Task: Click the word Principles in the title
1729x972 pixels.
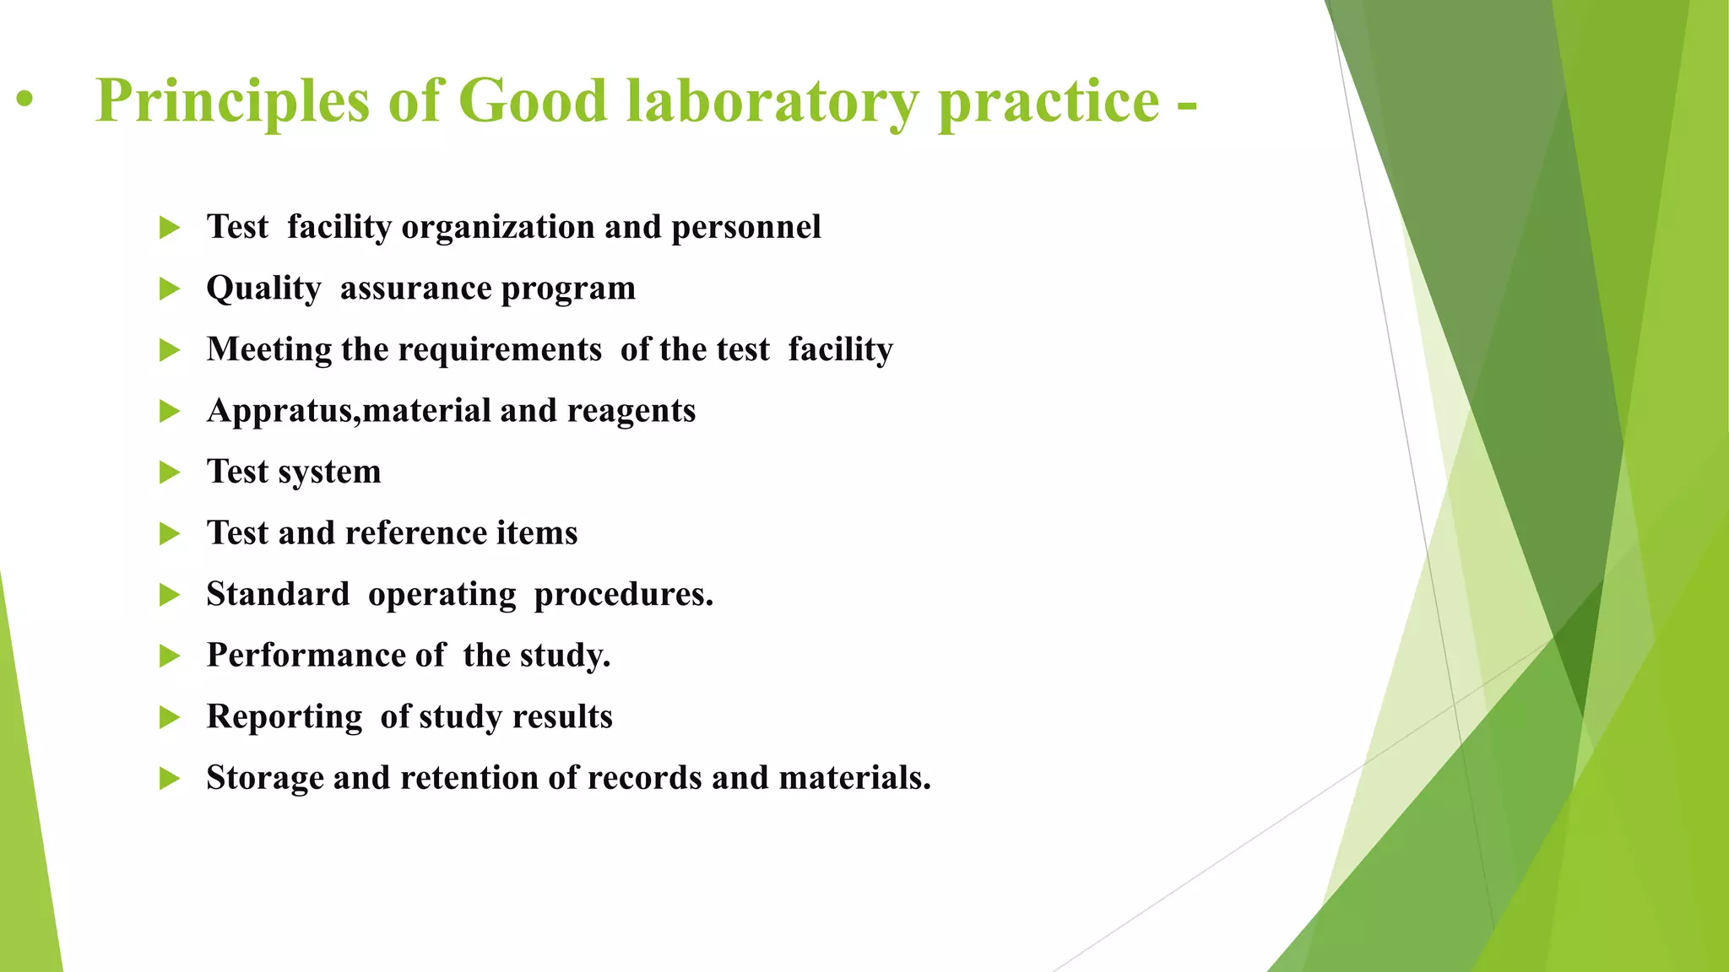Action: pos(232,102)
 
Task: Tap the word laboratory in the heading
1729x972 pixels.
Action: pos(772,102)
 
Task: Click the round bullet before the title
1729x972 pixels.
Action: pos(25,100)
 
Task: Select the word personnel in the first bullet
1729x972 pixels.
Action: pos(745,227)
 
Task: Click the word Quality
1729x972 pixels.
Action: pos(263,289)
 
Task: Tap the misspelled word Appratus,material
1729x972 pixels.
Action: pos(348,411)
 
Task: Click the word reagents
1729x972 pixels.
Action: pos(631,412)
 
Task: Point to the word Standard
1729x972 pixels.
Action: pos(278,594)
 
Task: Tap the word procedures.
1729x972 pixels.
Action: pos(623,595)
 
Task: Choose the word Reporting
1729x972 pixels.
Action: pos(285,717)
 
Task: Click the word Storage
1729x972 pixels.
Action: pos(264,778)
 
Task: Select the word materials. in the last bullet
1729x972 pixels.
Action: pos(854,778)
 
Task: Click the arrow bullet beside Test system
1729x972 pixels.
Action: pos(170,472)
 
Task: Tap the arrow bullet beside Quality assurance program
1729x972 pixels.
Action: pos(170,289)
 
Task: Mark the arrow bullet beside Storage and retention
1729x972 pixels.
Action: pos(170,778)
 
